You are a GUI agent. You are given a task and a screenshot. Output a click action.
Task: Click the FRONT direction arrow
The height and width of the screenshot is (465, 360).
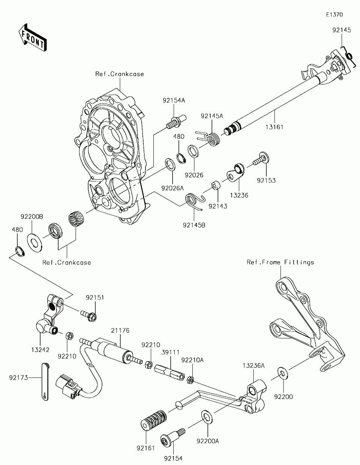pyautogui.click(x=33, y=37)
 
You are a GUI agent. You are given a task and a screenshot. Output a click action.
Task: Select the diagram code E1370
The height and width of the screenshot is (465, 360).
pyautogui.click(x=334, y=15)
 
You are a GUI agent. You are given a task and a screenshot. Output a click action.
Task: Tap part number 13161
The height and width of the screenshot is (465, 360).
pyautogui.click(x=274, y=127)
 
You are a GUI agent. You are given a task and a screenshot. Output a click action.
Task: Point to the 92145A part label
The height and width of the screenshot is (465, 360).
pyautogui.click(x=212, y=116)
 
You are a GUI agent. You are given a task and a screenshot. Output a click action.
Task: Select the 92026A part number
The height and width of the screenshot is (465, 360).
pyautogui.click(x=172, y=188)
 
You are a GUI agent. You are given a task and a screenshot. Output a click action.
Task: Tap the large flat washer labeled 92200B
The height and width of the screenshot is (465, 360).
pyautogui.click(x=34, y=243)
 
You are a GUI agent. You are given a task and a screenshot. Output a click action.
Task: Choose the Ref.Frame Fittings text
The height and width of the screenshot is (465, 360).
pyautogui.click(x=280, y=262)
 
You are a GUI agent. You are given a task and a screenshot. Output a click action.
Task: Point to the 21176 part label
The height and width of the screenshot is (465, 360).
pyautogui.click(x=120, y=331)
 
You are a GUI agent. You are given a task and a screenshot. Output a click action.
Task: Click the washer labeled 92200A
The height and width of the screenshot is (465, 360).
pyautogui.click(x=207, y=417)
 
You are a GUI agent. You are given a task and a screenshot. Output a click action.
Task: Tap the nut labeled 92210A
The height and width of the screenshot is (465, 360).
pyautogui.click(x=190, y=380)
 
